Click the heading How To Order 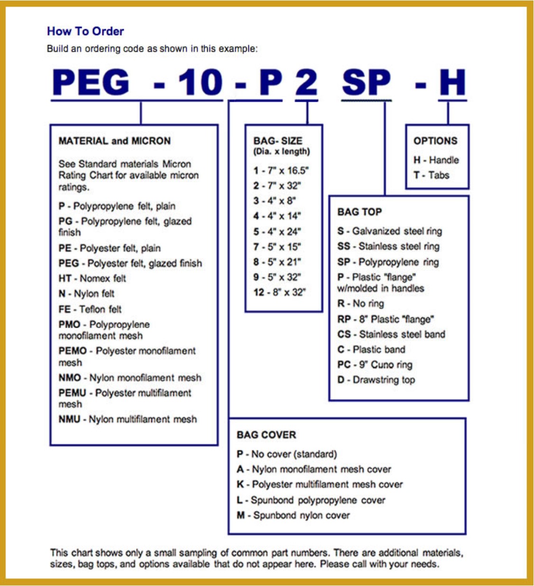tap(85, 31)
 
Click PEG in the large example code tap(91, 82)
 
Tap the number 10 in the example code tap(200, 82)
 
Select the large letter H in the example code tap(452, 82)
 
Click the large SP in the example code tap(366, 82)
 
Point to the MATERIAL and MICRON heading tap(114, 141)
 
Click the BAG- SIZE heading tap(278, 141)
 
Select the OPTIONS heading tap(435, 141)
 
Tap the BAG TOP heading tap(359, 212)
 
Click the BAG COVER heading tap(266, 435)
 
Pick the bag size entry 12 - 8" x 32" tap(280, 292)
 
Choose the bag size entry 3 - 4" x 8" tap(275, 201)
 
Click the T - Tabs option tap(431, 175)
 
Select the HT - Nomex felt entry tap(92, 278)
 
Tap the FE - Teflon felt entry tap(90, 309)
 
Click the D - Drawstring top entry tap(376, 380)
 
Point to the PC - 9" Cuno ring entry tap(375, 365)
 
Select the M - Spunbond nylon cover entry tap(293, 515)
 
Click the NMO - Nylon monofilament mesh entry tap(130, 378)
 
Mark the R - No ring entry tap(360, 303)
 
